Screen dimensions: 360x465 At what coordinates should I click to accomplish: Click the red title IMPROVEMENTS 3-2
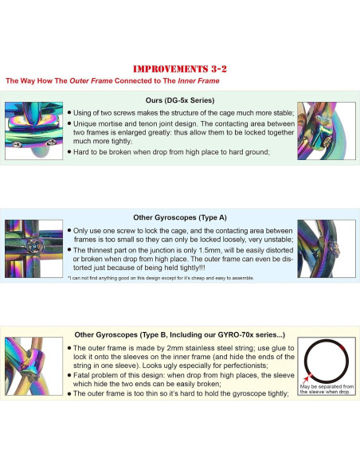click(180, 68)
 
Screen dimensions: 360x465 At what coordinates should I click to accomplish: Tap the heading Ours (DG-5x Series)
click(180, 100)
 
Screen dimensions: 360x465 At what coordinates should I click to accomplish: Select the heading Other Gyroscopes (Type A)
click(180, 217)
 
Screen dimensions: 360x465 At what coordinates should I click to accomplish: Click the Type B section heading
click(180, 334)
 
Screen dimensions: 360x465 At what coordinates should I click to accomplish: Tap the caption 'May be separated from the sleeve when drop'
click(327, 389)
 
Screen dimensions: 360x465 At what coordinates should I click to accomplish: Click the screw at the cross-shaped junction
click(35, 246)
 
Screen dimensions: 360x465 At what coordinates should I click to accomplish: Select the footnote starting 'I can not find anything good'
click(161, 278)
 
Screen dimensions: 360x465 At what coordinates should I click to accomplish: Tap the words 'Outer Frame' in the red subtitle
click(91, 80)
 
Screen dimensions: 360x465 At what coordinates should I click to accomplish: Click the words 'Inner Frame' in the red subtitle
click(198, 80)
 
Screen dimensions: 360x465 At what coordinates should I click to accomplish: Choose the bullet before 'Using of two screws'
click(69, 113)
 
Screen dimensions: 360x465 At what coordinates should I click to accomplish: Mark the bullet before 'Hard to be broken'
click(69, 152)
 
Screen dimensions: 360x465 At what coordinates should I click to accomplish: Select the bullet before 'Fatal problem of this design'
click(69, 375)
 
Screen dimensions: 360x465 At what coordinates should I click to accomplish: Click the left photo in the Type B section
click(33, 366)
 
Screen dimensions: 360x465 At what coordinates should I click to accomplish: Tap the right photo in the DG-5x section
click(327, 131)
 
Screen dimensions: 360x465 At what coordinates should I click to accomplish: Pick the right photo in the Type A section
click(327, 248)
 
